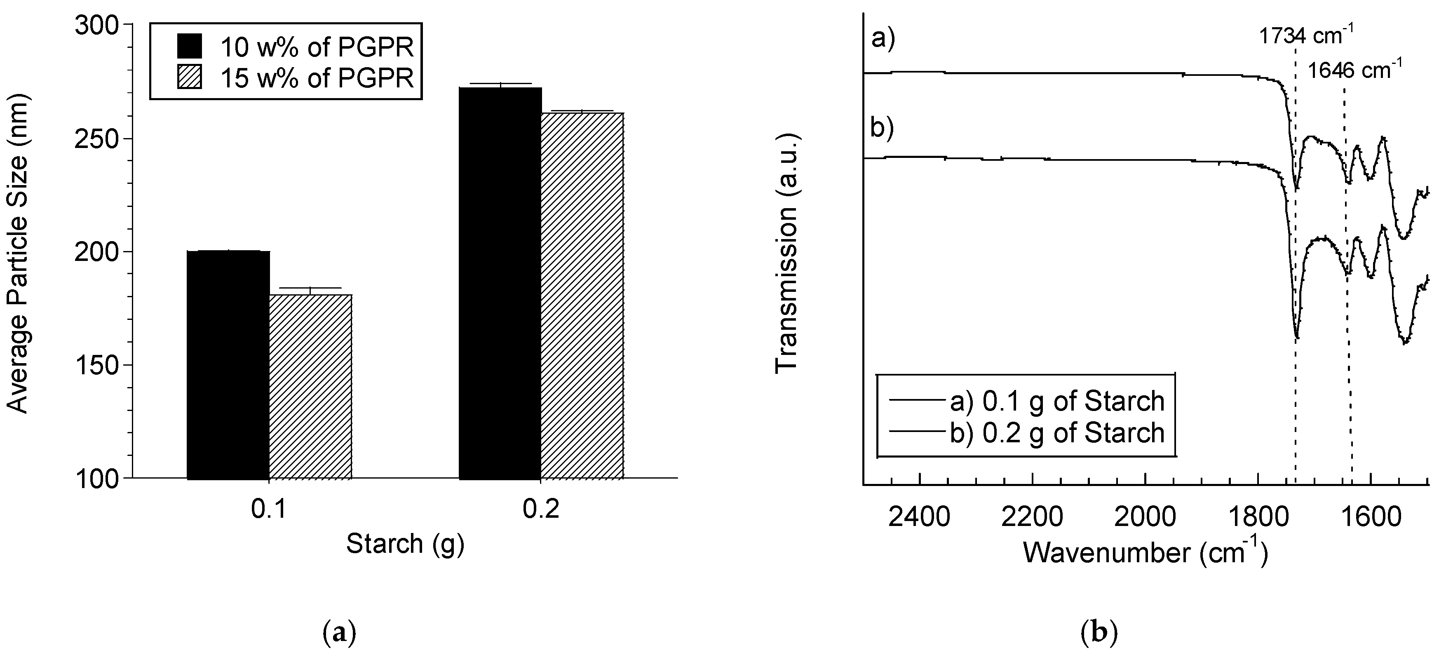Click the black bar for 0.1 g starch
coord(228,365)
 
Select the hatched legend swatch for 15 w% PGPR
coord(189,77)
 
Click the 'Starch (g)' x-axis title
coord(405,543)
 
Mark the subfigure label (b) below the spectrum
coord(1099,633)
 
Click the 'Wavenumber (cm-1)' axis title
coord(1145,552)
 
